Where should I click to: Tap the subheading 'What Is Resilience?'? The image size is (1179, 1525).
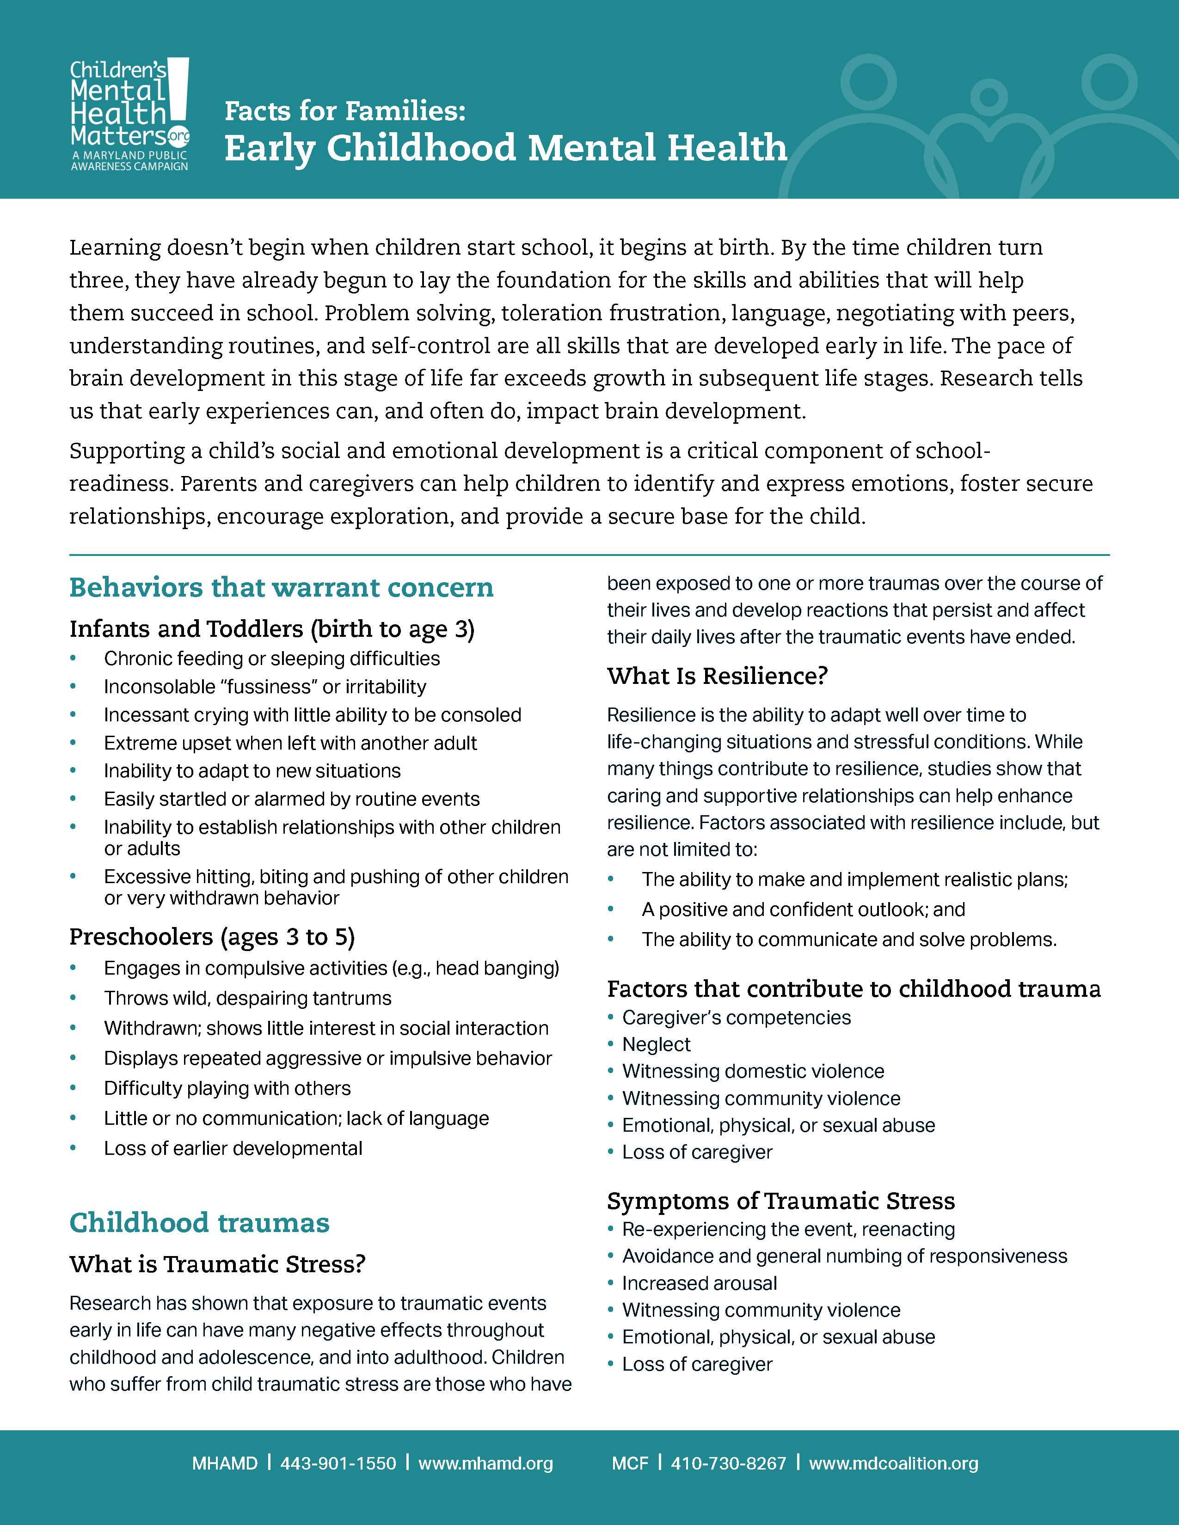pyautogui.click(x=717, y=676)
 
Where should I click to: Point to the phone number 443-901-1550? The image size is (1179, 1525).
pyautogui.click(x=338, y=1463)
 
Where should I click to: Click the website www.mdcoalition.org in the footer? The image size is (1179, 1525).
pyautogui.click(x=893, y=1463)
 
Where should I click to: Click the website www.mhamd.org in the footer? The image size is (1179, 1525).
pyautogui.click(x=485, y=1463)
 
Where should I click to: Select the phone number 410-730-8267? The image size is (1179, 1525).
pyautogui.click(x=729, y=1463)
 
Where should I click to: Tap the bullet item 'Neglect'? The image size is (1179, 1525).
pyautogui.click(x=656, y=1044)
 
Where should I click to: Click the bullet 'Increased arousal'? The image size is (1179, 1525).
pyautogui.click(x=699, y=1283)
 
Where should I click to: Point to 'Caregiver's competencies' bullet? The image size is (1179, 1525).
pyautogui.click(x=736, y=1018)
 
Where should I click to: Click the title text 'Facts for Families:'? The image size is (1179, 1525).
pyautogui.click(x=345, y=111)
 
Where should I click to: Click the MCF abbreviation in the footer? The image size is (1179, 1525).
pyautogui.click(x=630, y=1463)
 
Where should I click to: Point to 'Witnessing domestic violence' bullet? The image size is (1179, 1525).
pyautogui.click(x=753, y=1071)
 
